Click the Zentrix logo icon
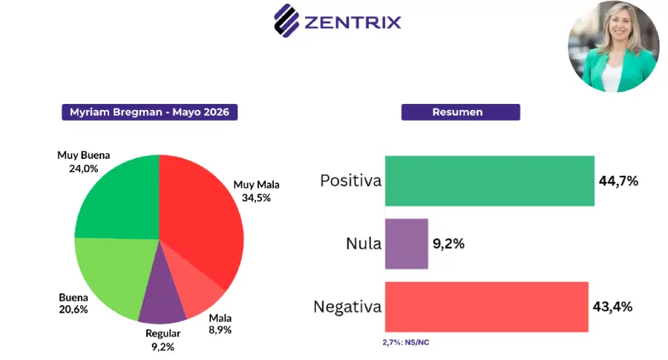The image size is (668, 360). (x=286, y=21)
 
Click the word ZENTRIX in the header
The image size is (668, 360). (x=353, y=22)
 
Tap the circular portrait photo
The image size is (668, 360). (x=614, y=47)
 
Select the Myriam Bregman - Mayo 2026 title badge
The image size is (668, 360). (x=149, y=112)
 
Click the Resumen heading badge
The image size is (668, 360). (x=460, y=112)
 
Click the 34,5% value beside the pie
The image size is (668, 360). (x=257, y=197)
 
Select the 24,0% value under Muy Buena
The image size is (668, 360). (x=83, y=168)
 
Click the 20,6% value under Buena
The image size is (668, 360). (x=73, y=310)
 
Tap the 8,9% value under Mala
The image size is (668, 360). (x=220, y=330)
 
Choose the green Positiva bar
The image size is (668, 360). (x=490, y=181)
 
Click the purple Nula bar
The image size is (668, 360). (x=407, y=243)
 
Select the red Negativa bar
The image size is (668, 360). (x=486, y=307)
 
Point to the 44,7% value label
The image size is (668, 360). (x=618, y=181)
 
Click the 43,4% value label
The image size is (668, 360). (x=612, y=307)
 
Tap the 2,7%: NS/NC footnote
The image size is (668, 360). (x=405, y=342)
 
